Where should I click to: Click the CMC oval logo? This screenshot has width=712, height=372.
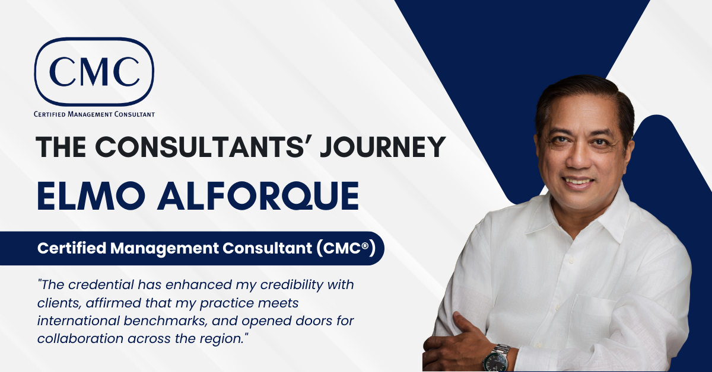pyautogui.click(x=94, y=71)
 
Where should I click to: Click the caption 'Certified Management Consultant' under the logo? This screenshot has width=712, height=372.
pyautogui.click(x=94, y=114)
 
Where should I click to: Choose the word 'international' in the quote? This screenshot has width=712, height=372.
pyautogui.click(x=77, y=321)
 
